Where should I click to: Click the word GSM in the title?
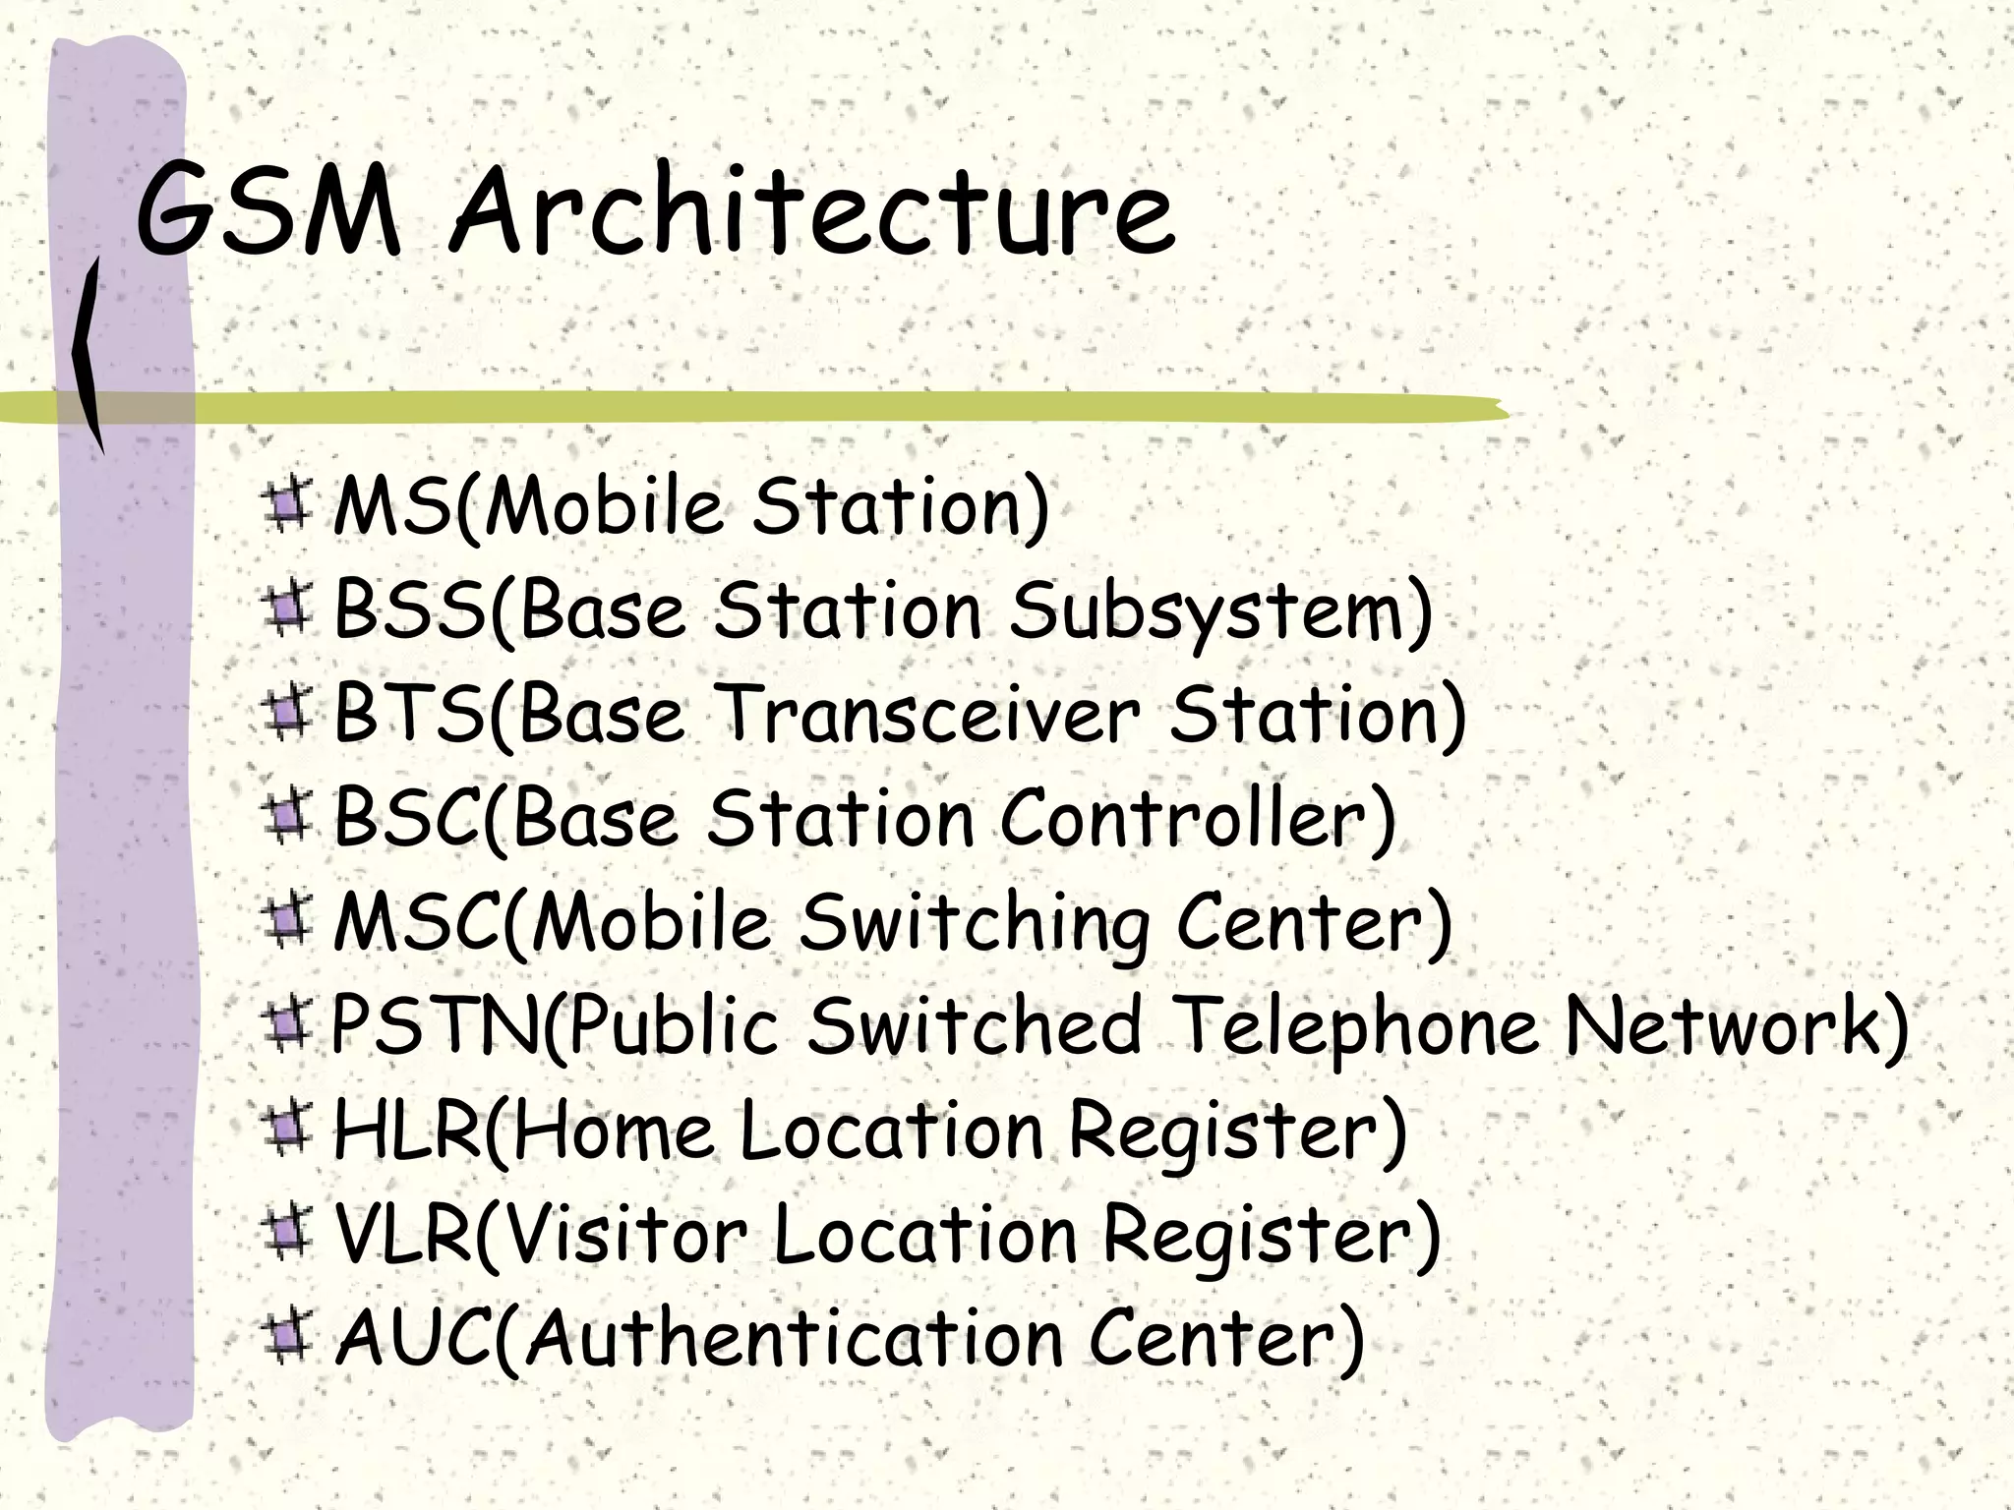[x=267, y=209]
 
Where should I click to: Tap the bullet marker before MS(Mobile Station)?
[x=286, y=505]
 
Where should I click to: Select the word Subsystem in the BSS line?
[x=1219, y=611]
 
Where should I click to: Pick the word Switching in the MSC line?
[x=974, y=923]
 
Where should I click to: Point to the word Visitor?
[x=629, y=1235]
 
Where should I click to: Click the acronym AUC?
[x=413, y=1339]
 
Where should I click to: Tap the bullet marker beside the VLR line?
[x=286, y=1235]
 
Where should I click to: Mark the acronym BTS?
[x=408, y=715]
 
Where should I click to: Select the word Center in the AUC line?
[x=1224, y=1339]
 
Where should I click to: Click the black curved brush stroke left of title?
[x=89, y=354]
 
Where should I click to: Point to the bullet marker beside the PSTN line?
[x=286, y=1026]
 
